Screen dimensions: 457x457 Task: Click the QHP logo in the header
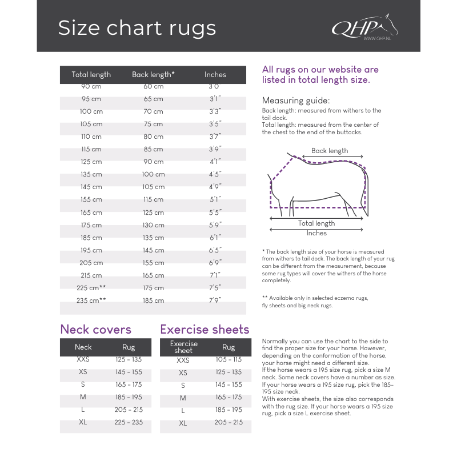point(364,27)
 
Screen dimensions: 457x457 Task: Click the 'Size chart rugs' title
point(137,28)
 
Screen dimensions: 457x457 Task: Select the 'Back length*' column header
point(153,75)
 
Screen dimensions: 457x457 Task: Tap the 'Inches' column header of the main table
point(215,75)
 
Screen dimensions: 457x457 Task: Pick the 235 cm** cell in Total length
point(91,300)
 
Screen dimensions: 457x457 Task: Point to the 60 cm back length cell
point(153,86)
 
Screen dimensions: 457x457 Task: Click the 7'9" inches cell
point(215,300)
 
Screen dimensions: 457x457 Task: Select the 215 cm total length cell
point(91,275)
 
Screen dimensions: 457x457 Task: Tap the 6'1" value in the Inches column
point(215,238)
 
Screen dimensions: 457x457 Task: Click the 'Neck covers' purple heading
point(95,330)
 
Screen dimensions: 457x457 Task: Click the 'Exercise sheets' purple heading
point(205,330)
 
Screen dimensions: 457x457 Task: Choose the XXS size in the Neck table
point(83,360)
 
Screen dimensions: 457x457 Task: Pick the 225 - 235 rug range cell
point(129,423)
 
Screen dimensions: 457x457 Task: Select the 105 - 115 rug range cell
point(228,360)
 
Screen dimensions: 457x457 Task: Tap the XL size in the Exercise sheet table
point(183,423)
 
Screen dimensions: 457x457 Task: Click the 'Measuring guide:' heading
point(296,101)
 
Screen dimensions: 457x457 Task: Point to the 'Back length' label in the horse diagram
point(330,151)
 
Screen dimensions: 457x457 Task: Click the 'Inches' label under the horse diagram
point(316,233)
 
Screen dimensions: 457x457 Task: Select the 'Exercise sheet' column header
point(183,347)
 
